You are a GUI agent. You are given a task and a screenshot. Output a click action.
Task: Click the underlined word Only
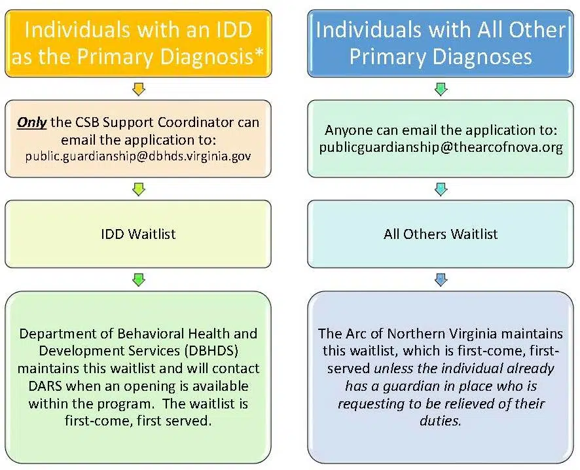[31, 122]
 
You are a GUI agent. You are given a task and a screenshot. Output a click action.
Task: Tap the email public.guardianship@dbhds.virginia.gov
[138, 156]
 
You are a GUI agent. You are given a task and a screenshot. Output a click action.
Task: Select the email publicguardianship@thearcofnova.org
[441, 147]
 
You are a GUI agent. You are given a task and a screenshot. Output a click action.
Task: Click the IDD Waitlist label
[138, 234]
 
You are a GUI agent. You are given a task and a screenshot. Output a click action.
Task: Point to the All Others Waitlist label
[441, 234]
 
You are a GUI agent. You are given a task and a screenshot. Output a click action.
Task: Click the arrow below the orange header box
[138, 88]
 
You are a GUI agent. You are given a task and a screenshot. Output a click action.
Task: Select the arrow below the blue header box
[441, 88]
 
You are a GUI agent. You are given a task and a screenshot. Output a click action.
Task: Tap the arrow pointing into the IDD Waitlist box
[138, 189]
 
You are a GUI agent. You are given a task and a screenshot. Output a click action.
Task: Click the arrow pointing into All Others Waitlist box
[441, 189]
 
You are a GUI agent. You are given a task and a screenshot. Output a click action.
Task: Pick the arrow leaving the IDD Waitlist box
[138, 280]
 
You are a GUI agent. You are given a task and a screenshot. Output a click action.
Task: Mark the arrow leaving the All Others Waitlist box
[441, 280]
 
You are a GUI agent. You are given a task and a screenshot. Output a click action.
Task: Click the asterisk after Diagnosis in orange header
[260, 57]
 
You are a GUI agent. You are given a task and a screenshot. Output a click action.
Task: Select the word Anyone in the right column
[347, 130]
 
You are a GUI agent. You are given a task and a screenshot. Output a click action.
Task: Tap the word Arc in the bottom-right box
[355, 334]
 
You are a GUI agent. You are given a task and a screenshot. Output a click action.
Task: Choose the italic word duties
[440, 420]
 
